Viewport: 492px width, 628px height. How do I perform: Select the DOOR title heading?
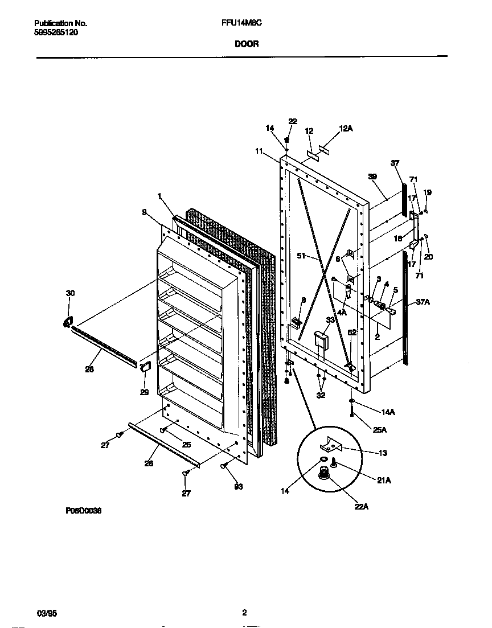[245, 43]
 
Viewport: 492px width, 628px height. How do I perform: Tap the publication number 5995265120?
[56, 32]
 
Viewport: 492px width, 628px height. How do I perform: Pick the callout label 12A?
[346, 129]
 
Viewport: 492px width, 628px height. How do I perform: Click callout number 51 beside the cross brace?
[302, 256]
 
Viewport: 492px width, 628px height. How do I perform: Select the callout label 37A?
[423, 302]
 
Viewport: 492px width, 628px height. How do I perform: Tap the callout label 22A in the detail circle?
[360, 507]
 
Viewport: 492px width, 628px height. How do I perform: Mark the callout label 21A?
[384, 481]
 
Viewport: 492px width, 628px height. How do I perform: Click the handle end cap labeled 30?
[68, 322]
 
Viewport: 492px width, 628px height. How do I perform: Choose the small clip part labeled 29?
[145, 365]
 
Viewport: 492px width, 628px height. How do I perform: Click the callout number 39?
[372, 177]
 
